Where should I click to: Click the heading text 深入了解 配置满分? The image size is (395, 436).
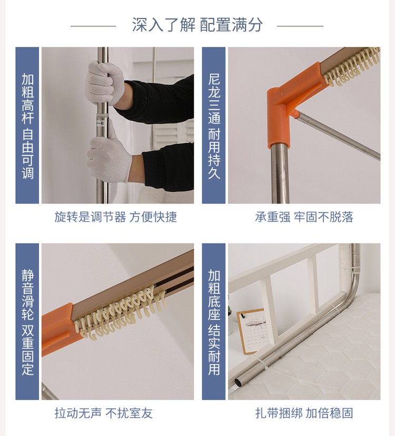[197, 25]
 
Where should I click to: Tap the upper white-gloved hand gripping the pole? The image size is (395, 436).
[105, 83]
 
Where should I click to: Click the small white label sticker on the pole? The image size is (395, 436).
[101, 123]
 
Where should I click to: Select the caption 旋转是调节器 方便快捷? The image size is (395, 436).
[115, 217]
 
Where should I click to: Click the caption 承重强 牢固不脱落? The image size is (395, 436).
[304, 217]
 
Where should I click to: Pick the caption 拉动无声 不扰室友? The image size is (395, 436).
[104, 413]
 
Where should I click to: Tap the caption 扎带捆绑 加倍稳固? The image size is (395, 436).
[304, 413]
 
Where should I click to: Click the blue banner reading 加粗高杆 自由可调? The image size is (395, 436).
[27, 125]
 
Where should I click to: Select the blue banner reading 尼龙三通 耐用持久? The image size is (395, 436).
[214, 125]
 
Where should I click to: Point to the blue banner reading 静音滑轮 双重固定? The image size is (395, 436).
[27, 322]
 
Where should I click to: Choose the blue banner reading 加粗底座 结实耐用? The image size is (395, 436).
[214, 322]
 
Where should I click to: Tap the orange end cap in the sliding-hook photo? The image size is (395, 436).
[57, 328]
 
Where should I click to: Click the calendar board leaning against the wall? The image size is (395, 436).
[252, 331]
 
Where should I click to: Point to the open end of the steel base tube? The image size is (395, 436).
[239, 383]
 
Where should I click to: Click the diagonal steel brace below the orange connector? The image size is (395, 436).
[338, 135]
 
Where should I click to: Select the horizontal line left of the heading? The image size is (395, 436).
[93, 26]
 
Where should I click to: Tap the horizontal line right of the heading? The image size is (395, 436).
[300, 26]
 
